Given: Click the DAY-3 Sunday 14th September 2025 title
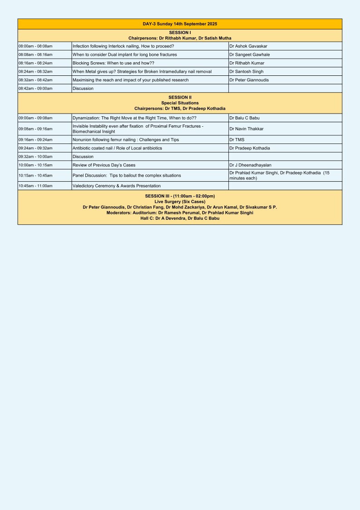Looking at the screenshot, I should pyautogui.click(x=180, y=24).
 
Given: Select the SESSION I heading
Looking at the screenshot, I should pyautogui.click(x=180, y=33).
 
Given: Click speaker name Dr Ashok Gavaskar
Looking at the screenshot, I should pyautogui.click(x=248, y=46).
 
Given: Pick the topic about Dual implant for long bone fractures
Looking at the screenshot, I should pyautogui.click(x=125, y=54).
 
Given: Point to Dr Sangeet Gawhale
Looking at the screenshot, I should pyautogui.click(x=249, y=54).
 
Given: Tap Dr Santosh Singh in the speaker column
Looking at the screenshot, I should pyautogui.click(x=246, y=71).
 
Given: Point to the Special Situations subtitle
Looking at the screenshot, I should pyautogui.click(x=180, y=103).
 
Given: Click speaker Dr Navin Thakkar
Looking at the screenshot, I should pyautogui.click(x=246, y=129).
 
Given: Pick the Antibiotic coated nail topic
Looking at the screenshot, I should pyautogui.click(x=117, y=148).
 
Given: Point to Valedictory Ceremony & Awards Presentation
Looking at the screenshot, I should pyautogui.click(x=117, y=186).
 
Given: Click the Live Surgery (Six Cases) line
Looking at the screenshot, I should pyautogui.click(x=180, y=201).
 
